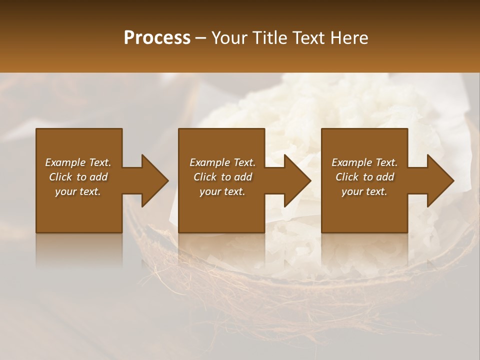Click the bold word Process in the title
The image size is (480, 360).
point(157,38)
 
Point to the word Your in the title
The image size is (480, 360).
point(227,38)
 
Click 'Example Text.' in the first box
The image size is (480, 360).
point(78,162)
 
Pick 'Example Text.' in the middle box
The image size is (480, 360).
point(222,162)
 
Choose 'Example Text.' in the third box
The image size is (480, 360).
point(364,162)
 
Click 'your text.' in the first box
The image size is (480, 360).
point(78,191)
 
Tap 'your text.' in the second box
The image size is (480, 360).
point(222,191)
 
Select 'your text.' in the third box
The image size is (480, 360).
point(364,191)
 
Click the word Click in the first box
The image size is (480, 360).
point(61,177)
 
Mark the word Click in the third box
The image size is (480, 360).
point(347,177)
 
